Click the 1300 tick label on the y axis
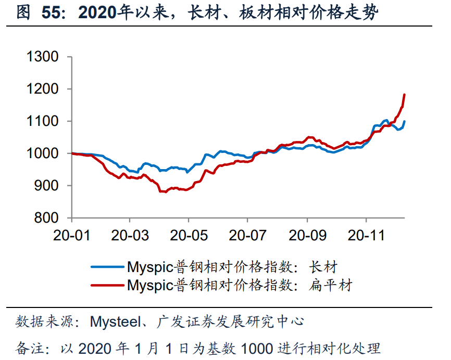pyautogui.click(x=42, y=57)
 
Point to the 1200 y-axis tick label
pyautogui.click(x=42, y=89)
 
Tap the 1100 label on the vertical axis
pyautogui.click(x=42, y=121)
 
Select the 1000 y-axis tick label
pyautogui.click(x=42, y=153)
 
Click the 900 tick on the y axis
pyautogui.click(x=47, y=186)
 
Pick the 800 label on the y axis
pyautogui.click(x=47, y=218)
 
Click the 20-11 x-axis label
pyautogui.click(x=366, y=235)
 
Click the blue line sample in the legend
pyautogui.click(x=108, y=267)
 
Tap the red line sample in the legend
pyautogui.click(x=108, y=285)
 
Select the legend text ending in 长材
pyautogui.click(x=232, y=267)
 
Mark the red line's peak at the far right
pyautogui.click(x=404, y=95)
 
